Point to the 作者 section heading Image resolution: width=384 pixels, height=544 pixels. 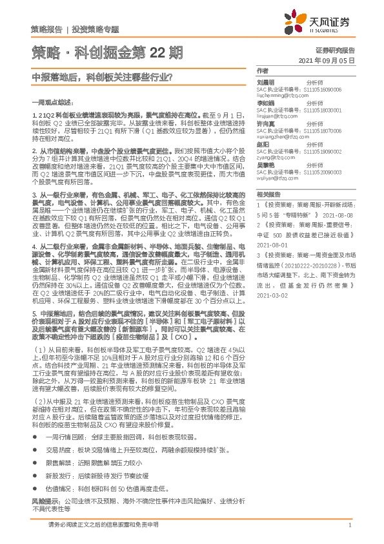[261, 70]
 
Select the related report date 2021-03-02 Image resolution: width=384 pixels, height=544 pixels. [272, 277]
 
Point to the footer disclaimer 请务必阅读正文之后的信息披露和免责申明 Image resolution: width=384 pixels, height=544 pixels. [103, 525]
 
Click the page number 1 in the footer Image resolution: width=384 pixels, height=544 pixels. [349, 525]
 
